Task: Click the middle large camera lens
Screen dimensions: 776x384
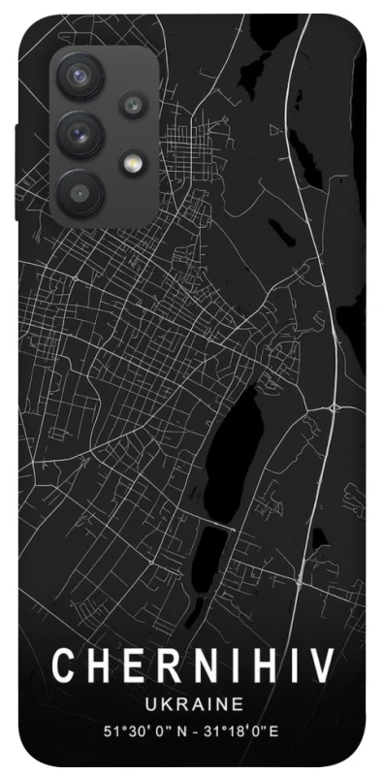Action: pos(80,131)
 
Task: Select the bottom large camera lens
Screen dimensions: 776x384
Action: pos(80,191)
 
